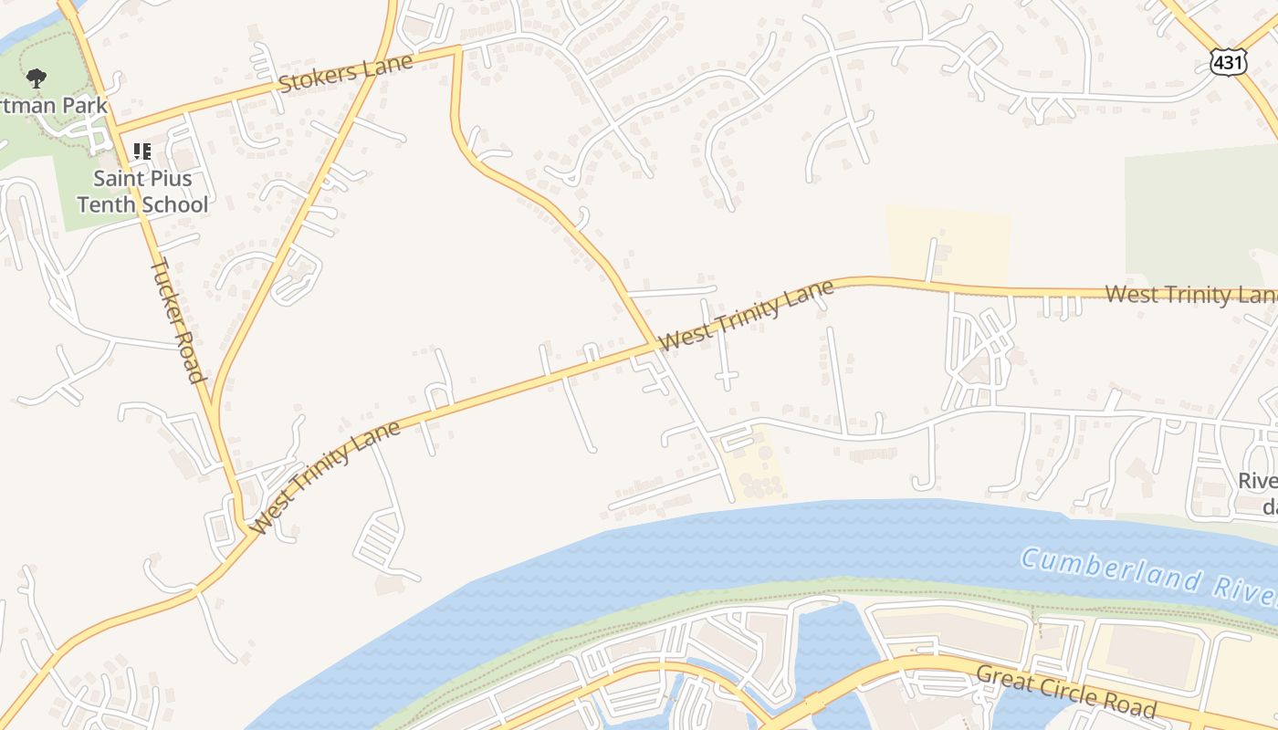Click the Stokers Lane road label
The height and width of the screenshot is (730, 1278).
345,72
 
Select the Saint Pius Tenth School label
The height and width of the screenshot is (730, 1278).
142,191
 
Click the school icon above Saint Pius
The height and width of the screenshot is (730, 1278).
141,151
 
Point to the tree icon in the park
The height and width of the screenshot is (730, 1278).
36,78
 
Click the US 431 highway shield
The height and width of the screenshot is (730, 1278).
1227,61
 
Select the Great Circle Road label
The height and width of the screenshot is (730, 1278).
1065,691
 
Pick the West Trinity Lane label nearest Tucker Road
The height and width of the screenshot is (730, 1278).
325,477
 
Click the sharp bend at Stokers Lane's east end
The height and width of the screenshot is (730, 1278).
456,50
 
